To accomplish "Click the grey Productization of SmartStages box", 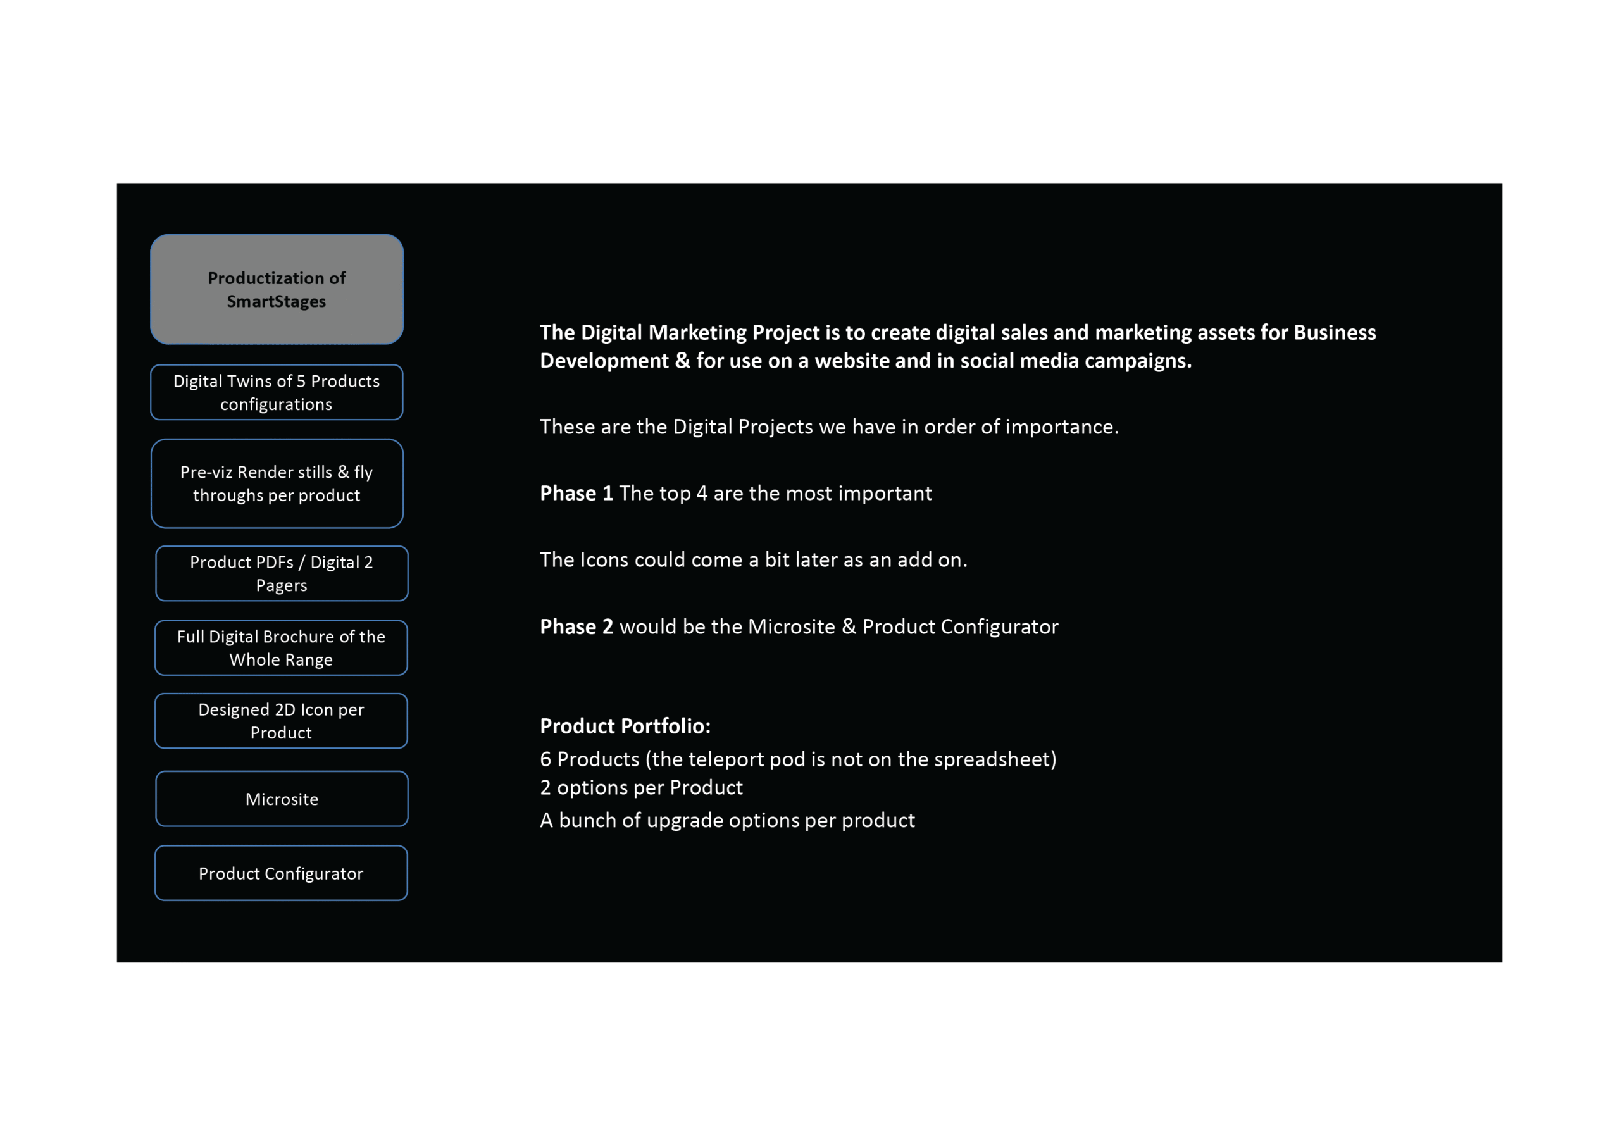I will point(277,289).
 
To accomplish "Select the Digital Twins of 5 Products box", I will point(277,392).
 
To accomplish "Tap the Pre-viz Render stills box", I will point(277,483).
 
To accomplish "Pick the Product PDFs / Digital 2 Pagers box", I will point(282,573).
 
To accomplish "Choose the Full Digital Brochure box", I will point(281,648).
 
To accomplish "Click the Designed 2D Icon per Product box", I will point(281,721).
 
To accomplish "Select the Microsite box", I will point(282,799).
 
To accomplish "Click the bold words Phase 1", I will point(576,493).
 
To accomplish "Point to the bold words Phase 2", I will point(576,626).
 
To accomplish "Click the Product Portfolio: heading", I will point(625,725).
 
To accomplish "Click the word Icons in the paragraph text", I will point(604,559).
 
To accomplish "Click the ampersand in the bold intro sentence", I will point(682,361).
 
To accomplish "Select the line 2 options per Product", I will point(640,788).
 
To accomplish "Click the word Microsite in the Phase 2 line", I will point(791,626).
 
